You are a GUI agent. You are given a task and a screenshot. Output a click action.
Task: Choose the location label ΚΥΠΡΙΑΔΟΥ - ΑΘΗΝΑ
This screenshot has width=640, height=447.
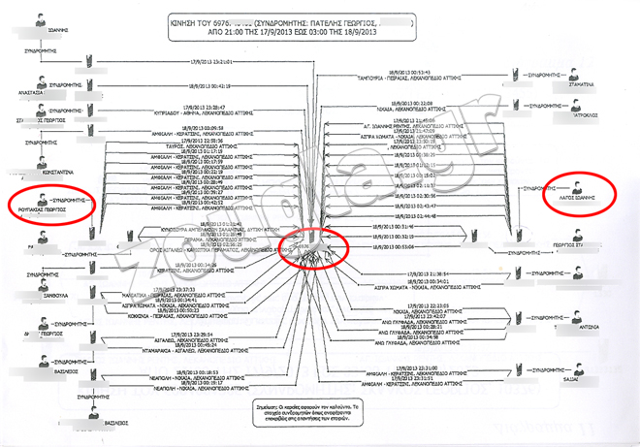coord(205,112)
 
